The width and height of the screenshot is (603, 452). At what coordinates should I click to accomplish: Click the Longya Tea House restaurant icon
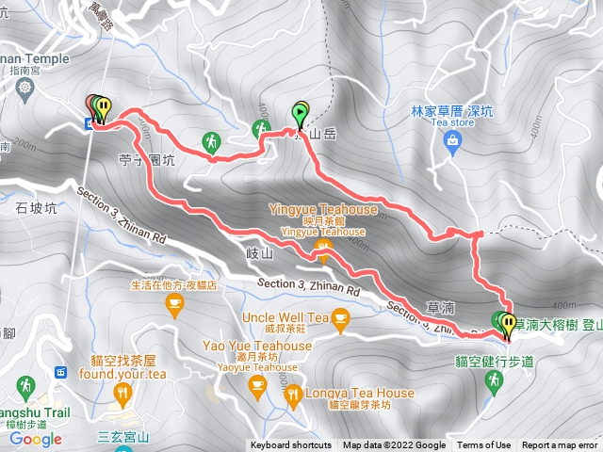click(293, 394)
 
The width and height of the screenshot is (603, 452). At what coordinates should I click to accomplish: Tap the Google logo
click(35, 439)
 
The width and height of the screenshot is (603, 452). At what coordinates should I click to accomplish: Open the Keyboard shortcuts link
click(290, 445)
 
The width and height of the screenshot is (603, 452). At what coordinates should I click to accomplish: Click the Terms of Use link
click(484, 445)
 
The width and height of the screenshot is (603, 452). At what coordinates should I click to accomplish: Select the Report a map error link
click(560, 445)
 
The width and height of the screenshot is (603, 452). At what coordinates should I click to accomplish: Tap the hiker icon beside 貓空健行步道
click(492, 379)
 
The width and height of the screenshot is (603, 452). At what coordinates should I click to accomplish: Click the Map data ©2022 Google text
click(394, 445)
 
